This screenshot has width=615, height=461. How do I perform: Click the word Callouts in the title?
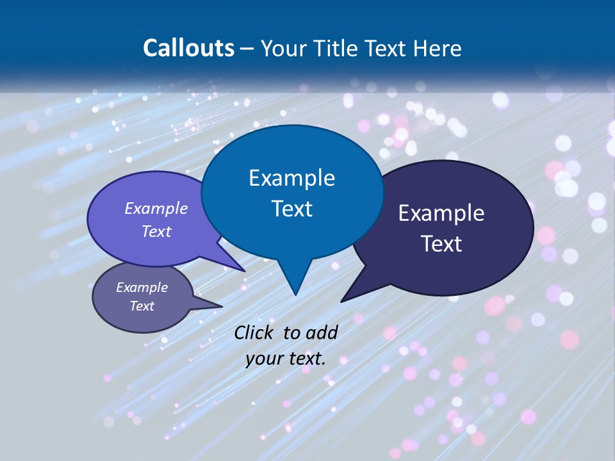[x=188, y=48]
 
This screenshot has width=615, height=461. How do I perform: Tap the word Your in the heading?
[x=283, y=49]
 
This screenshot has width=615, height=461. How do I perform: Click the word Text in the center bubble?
[x=291, y=209]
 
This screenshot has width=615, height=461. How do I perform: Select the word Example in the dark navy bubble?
[x=441, y=213]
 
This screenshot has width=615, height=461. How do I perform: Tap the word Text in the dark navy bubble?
[x=441, y=244]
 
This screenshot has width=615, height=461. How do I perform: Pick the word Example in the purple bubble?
[x=156, y=208]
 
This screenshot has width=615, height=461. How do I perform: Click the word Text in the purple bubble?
[x=156, y=231]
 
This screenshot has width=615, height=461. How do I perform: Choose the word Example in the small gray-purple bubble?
[x=142, y=287]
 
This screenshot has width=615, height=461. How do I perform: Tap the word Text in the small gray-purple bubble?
[x=142, y=306]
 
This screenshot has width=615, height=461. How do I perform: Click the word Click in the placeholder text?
[x=254, y=332]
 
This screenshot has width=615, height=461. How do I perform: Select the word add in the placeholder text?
[x=322, y=332]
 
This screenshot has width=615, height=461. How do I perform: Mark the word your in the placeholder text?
[x=264, y=359]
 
